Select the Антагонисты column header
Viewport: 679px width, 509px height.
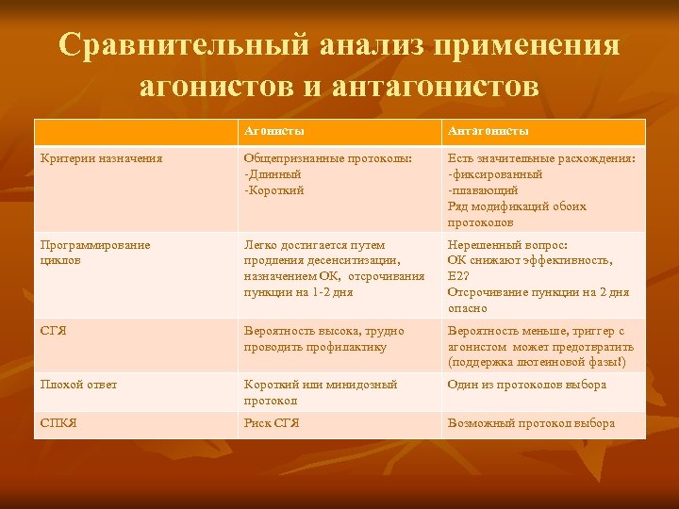488,131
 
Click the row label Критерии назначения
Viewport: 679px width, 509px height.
101,158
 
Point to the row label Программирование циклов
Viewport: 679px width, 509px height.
94,252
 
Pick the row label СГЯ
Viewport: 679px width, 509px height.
53,331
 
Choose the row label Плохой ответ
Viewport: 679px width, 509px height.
78,385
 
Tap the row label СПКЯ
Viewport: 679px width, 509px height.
58,423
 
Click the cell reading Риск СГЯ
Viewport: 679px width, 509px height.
272,423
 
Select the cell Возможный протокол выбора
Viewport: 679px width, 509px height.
531,423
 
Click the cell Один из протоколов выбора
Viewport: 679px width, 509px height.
527,385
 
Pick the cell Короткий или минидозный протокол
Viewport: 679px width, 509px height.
321,392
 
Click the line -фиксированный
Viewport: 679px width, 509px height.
494,174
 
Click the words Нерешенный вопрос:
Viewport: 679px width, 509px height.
507,244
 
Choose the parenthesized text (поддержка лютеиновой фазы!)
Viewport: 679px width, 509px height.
537,362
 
